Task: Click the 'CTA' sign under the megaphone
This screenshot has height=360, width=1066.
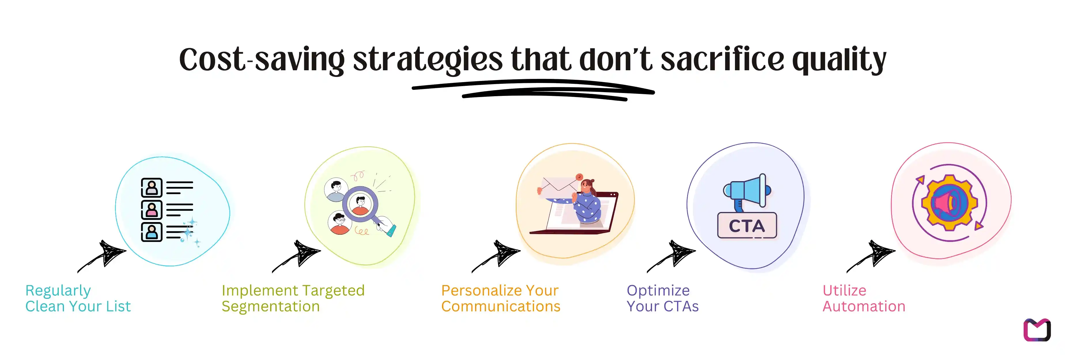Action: click(747, 226)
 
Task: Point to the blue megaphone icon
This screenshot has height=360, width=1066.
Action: click(747, 192)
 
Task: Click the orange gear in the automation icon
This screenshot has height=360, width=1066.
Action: click(949, 203)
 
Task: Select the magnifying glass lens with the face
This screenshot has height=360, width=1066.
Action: click(360, 204)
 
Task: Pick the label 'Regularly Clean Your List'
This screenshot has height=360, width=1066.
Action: click(78, 298)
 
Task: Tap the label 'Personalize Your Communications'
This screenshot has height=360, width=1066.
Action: click(500, 298)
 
